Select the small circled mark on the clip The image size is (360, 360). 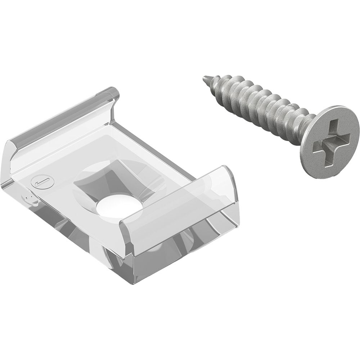(x=37, y=182)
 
